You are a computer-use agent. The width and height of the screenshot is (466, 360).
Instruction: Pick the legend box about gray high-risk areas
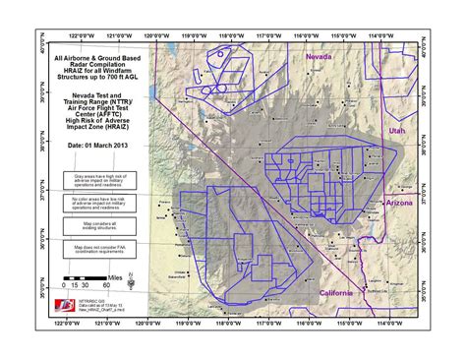pos(96,179)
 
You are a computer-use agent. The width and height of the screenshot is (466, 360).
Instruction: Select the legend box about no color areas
pos(96,204)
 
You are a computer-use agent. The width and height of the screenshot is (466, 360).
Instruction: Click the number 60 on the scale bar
pos(105,285)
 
